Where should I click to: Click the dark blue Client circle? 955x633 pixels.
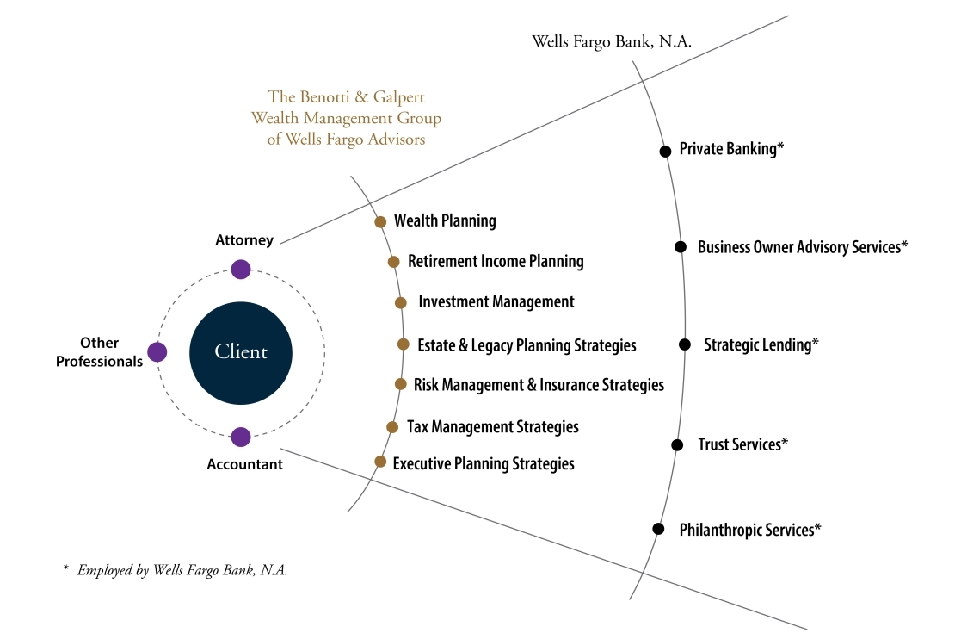(241, 352)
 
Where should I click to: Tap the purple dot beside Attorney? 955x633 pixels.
(241, 270)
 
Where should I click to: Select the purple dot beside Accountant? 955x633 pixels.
(241, 437)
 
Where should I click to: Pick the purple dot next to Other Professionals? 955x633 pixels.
(157, 352)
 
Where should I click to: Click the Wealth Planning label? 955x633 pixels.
(445, 221)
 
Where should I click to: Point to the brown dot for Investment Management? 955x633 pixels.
(400, 302)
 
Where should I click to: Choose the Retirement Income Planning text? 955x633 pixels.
(496, 261)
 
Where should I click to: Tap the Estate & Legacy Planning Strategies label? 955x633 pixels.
(527, 345)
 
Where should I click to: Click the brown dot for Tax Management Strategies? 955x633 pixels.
(392, 426)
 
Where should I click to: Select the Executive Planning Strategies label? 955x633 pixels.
(484, 464)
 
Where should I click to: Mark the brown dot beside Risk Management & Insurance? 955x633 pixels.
(400, 384)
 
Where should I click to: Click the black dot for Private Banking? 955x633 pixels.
(665, 151)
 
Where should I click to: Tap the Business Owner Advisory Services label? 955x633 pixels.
(803, 247)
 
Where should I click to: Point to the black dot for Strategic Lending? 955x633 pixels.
(685, 344)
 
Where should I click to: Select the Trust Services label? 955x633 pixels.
(742, 445)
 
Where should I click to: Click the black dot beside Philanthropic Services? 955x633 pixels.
(658, 529)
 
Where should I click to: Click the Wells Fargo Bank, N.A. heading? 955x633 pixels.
(612, 41)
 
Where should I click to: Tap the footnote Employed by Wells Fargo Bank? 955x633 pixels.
(182, 570)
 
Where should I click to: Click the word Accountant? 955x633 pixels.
(244, 464)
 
